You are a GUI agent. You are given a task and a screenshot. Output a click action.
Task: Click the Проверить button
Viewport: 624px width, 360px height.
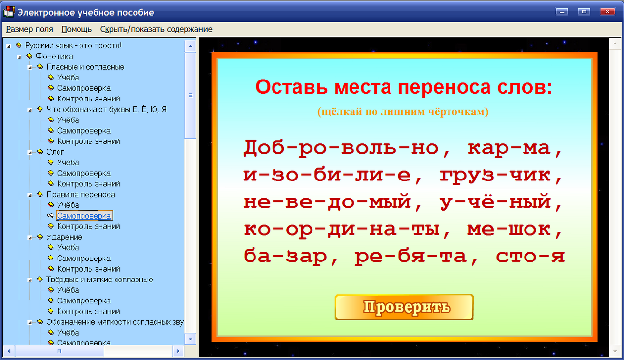click(404, 307)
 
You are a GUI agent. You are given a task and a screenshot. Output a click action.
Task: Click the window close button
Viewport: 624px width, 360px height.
click(607, 12)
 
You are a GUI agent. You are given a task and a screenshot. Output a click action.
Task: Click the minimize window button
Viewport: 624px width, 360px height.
click(562, 12)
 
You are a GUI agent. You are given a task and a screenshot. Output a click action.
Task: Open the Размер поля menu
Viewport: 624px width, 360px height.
click(30, 29)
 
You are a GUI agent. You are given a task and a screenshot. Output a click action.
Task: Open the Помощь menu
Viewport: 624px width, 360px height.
click(77, 29)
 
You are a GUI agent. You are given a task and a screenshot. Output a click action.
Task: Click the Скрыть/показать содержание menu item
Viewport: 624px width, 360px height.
click(156, 29)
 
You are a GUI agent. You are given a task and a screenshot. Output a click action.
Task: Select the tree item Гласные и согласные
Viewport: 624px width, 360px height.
click(85, 67)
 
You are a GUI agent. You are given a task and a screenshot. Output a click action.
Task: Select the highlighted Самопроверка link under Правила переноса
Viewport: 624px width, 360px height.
click(84, 216)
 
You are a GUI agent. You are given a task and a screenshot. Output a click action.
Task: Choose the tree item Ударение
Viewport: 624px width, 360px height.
click(64, 237)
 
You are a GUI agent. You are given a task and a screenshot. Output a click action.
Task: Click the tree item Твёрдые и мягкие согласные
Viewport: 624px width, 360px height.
click(99, 280)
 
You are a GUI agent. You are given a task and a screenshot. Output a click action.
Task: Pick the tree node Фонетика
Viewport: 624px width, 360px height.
click(54, 56)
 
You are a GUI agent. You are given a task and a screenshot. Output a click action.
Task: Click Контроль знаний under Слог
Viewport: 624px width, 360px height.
click(88, 184)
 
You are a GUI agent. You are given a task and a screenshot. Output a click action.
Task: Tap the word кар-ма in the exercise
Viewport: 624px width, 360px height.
click(509, 148)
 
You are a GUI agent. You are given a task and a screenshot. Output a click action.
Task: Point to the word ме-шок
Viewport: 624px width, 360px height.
click(509, 229)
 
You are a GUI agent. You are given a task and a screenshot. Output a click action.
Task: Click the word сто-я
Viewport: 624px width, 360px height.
click(530, 256)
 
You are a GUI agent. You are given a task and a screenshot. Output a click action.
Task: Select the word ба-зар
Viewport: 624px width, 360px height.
click(285, 256)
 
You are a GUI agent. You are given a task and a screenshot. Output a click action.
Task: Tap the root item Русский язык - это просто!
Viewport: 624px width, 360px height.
click(73, 45)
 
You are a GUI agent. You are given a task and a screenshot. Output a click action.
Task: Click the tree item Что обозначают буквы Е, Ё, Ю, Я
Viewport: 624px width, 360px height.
click(106, 109)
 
